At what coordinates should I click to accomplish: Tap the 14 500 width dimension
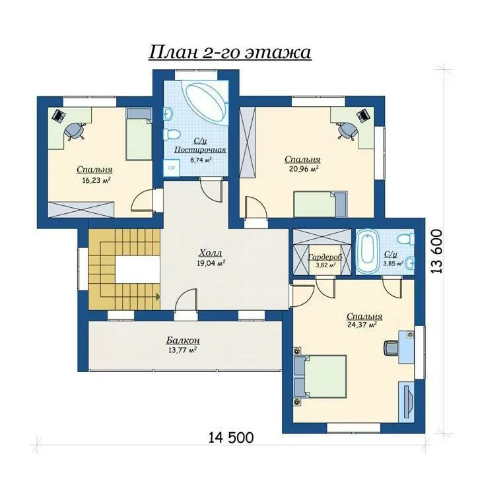[x=231, y=437]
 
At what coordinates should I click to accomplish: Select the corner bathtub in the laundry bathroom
[x=205, y=102]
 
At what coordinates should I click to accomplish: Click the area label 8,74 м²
[x=200, y=160]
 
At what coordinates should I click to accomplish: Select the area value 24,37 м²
[x=362, y=325]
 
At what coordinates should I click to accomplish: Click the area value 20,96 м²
[x=304, y=168]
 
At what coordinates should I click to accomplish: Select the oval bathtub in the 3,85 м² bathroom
[x=367, y=251]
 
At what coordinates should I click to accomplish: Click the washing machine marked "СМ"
[x=172, y=168]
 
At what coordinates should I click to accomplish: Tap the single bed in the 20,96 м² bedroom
[x=320, y=203]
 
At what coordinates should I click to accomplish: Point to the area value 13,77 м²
[x=182, y=350]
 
